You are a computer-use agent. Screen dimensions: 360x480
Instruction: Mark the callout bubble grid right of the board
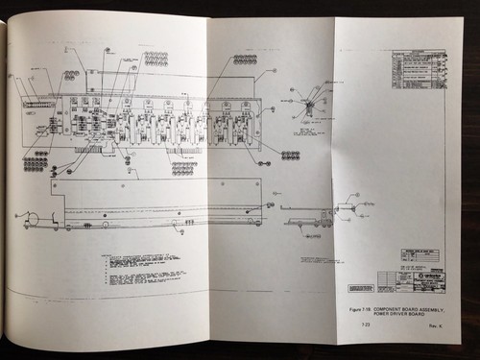[290, 155]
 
